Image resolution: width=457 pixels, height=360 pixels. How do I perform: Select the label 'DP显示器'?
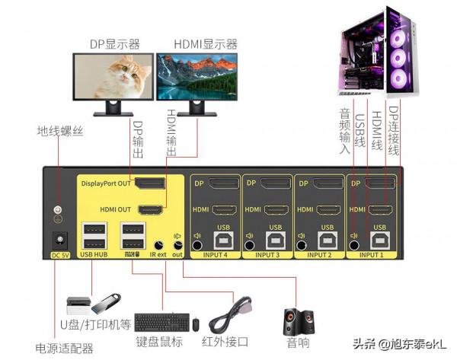115,44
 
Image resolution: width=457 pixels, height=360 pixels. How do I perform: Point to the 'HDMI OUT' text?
115,209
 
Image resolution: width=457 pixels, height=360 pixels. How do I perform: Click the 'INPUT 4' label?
215,256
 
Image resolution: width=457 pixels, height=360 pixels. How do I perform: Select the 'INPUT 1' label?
373,256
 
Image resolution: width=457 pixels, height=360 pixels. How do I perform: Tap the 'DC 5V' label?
59,254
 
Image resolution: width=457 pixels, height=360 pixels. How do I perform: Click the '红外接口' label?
222,341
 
